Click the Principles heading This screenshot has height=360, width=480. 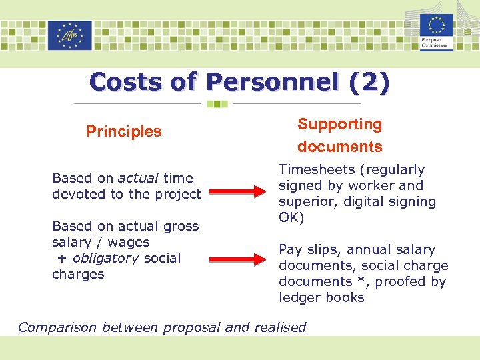(x=124, y=131)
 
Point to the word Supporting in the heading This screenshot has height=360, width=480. (x=339, y=124)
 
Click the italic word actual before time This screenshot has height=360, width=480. (x=139, y=178)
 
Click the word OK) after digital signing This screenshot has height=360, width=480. (x=291, y=217)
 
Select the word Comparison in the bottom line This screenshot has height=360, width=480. (x=57, y=327)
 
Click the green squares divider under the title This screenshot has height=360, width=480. (x=217, y=104)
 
